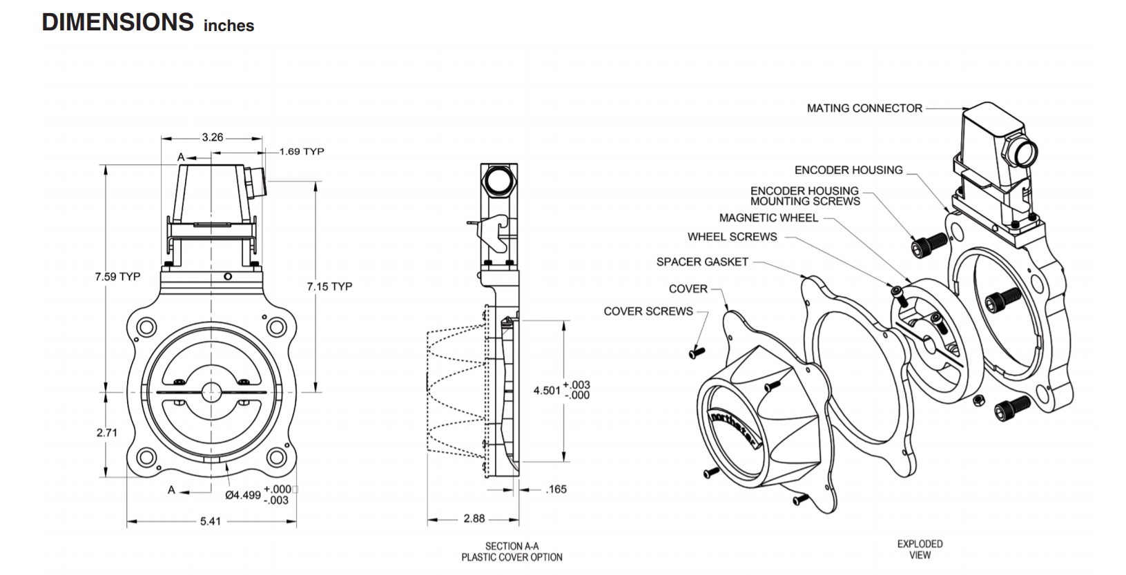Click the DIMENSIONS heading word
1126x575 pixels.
[118, 22]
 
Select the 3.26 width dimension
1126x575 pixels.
[213, 137]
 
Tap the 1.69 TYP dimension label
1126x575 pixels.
[302, 151]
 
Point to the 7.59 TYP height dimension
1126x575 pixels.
[117, 277]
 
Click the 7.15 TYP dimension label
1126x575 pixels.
[329, 286]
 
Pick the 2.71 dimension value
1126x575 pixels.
[106, 433]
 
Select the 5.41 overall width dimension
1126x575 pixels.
[210, 521]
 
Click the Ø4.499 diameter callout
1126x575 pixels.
[243, 495]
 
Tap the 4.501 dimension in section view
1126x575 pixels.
[547, 390]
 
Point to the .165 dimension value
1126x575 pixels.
[556, 489]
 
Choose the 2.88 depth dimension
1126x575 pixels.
[474, 518]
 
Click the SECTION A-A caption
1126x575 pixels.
[512, 546]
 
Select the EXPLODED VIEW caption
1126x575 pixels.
[920, 549]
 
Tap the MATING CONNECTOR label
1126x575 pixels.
[864, 108]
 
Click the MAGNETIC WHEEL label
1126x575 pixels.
[768, 218]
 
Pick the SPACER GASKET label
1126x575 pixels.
[702, 262]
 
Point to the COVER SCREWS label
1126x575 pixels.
[648, 311]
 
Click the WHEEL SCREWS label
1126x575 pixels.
[732, 237]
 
